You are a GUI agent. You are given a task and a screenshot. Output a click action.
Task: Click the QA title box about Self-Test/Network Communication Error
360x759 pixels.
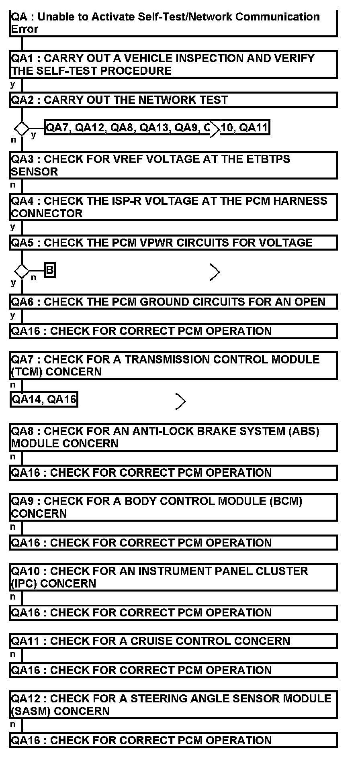(x=173, y=23)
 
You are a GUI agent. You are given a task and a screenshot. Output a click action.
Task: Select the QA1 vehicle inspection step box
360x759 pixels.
(x=173, y=64)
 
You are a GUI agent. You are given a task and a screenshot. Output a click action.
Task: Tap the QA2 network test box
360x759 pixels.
(x=173, y=100)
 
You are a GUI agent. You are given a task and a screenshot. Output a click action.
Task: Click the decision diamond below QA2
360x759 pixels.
(x=22, y=129)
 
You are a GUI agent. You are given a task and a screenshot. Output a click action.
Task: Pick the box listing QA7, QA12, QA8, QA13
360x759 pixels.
(x=157, y=128)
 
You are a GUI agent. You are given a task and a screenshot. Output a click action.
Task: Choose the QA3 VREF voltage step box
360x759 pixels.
(x=173, y=165)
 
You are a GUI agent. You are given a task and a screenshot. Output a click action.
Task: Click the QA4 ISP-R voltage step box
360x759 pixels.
(x=173, y=207)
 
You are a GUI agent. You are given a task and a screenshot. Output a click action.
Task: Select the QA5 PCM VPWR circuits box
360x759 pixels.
(x=173, y=243)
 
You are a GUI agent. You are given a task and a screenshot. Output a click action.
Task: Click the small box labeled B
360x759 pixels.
(x=49, y=270)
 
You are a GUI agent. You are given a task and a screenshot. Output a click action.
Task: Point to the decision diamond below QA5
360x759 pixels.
(x=22, y=271)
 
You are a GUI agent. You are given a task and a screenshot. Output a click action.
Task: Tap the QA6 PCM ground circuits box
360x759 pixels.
(x=173, y=302)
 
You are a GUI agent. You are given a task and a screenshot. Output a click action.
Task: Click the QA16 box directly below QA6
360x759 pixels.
(x=173, y=331)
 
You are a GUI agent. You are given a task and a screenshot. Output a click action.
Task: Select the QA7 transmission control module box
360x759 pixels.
(x=173, y=365)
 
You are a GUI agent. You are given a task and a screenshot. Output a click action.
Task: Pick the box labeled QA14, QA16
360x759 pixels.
(x=44, y=399)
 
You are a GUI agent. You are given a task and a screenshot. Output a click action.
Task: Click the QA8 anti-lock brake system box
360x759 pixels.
(x=173, y=437)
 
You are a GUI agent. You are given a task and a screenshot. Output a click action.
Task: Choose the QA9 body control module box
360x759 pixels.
(x=173, y=507)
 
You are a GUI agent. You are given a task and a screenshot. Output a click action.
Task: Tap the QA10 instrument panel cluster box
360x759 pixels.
(x=173, y=577)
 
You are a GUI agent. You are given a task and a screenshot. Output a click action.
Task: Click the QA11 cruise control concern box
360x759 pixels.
(x=173, y=641)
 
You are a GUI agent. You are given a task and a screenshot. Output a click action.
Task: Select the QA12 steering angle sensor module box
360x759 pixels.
(x=173, y=705)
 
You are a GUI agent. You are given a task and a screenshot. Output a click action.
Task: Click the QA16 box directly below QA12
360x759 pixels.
(x=173, y=740)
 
